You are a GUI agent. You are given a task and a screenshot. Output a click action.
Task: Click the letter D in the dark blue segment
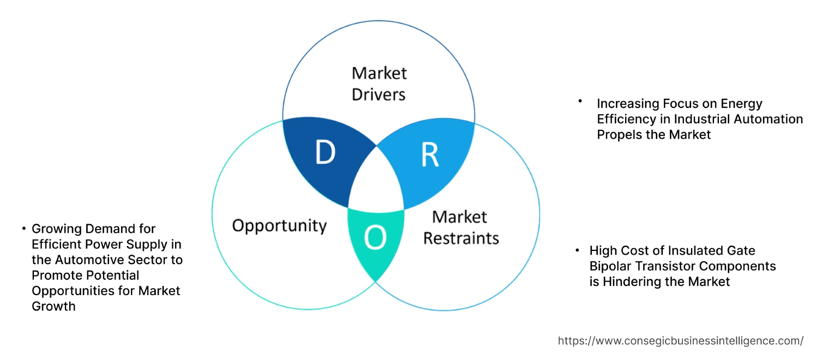[325, 153]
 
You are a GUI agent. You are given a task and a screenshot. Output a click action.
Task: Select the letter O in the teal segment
[375, 238]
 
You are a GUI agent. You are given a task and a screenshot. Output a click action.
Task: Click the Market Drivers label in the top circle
[379, 83]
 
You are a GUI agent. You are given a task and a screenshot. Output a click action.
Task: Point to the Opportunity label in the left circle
[279, 225]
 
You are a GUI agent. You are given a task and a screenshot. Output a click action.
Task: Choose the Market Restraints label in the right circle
[461, 227]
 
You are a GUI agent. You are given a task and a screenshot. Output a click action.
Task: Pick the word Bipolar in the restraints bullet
[610, 266]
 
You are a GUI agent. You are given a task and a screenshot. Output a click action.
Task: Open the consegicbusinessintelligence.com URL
[680, 341]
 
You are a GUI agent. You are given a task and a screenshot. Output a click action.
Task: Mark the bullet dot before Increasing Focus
[580, 101]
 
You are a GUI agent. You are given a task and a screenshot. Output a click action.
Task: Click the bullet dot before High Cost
[577, 250]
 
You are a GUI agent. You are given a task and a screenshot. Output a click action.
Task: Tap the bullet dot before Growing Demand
[24, 228]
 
